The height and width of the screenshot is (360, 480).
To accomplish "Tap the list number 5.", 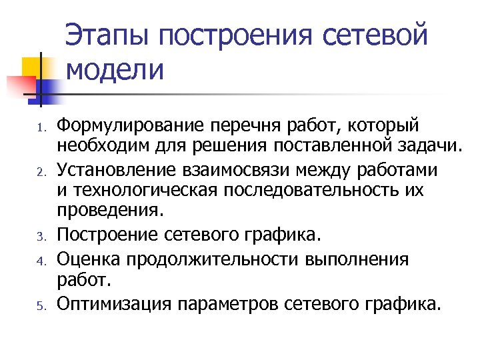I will point(40,306).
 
